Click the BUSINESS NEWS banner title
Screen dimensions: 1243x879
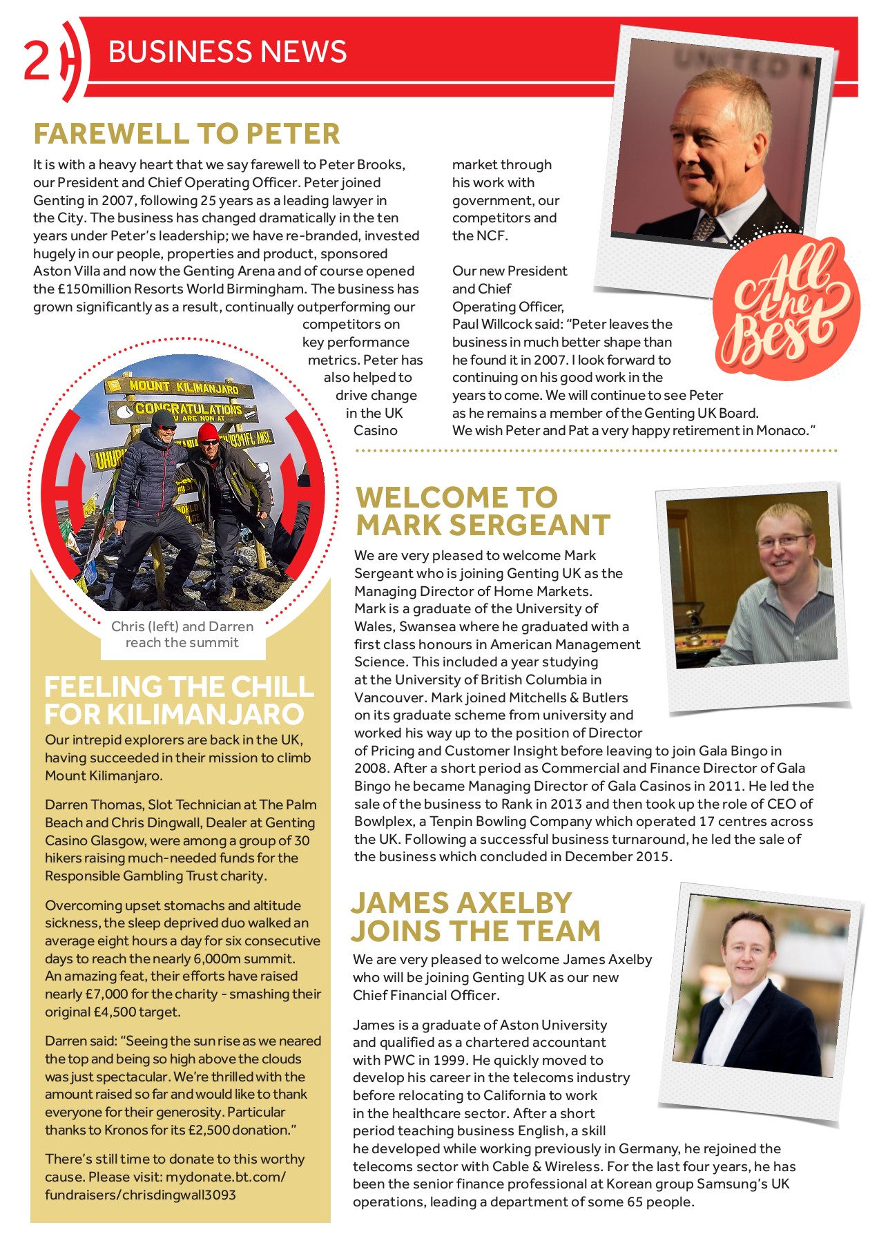tap(227, 52)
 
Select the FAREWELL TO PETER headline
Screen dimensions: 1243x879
tap(186, 134)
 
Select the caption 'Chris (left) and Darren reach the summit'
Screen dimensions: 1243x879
tap(182, 635)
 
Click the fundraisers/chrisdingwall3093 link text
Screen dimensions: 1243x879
tap(140, 1195)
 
